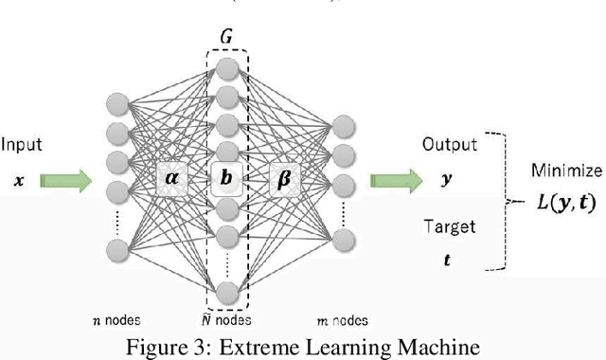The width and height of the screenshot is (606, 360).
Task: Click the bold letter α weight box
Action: [171, 177]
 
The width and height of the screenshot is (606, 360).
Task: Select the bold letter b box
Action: [225, 177]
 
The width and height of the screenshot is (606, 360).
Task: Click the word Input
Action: [22, 145]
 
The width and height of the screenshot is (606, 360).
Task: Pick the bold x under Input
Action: [19, 178]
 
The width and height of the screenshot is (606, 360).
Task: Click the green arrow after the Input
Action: [67, 178]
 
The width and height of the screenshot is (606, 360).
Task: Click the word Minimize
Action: [565, 171]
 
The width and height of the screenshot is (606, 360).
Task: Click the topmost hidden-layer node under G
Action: [225, 68]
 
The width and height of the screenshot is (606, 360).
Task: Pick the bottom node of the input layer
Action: [117, 249]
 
